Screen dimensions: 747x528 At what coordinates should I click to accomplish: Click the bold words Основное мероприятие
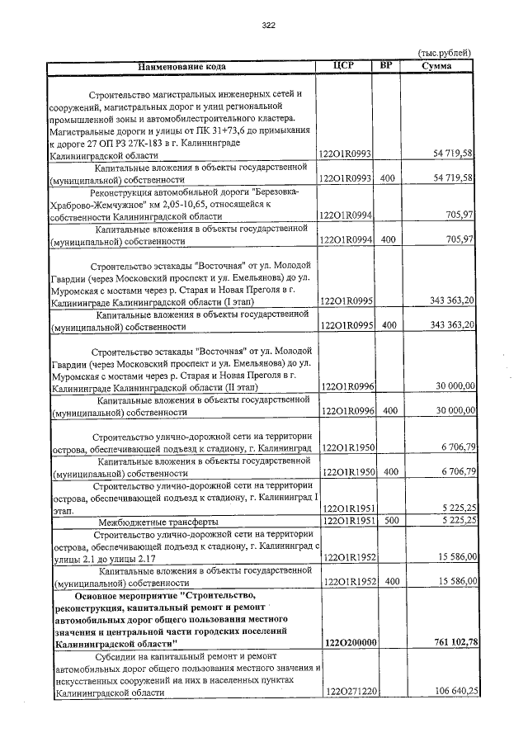(125, 595)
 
